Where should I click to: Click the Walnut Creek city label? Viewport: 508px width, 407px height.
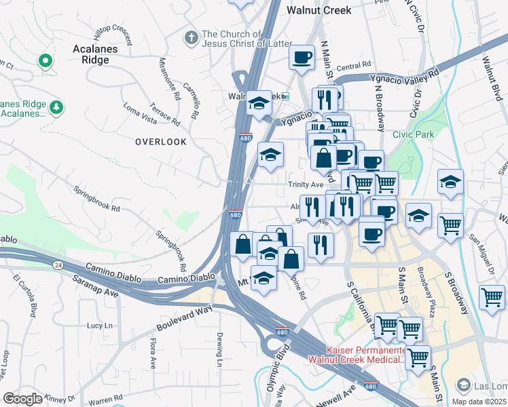[319, 10]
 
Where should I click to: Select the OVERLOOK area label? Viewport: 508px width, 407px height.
[160, 141]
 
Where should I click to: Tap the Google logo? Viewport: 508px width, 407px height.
[22, 399]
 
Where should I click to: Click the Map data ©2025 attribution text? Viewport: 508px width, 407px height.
[479, 402]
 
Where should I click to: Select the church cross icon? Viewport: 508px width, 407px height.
[192, 35]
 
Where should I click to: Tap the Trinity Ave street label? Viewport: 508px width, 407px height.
[306, 185]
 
